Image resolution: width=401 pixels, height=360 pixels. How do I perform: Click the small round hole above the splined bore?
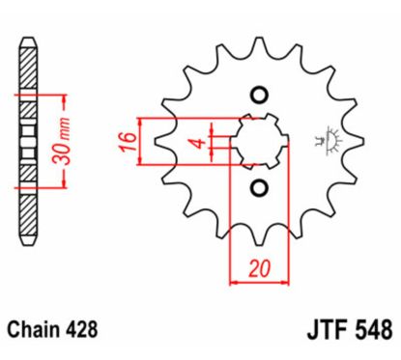click(x=258, y=95)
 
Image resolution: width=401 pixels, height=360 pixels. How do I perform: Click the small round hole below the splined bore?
click(x=258, y=185)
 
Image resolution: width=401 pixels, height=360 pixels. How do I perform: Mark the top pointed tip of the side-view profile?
click(x=27, y=41)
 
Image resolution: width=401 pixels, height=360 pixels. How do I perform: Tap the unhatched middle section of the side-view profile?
click(x=27, y=140)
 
